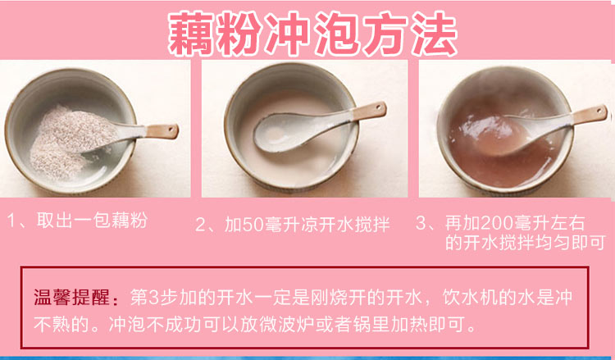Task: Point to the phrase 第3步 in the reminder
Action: [x=148, y=295]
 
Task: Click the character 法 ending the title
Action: [x=430, y=34]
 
